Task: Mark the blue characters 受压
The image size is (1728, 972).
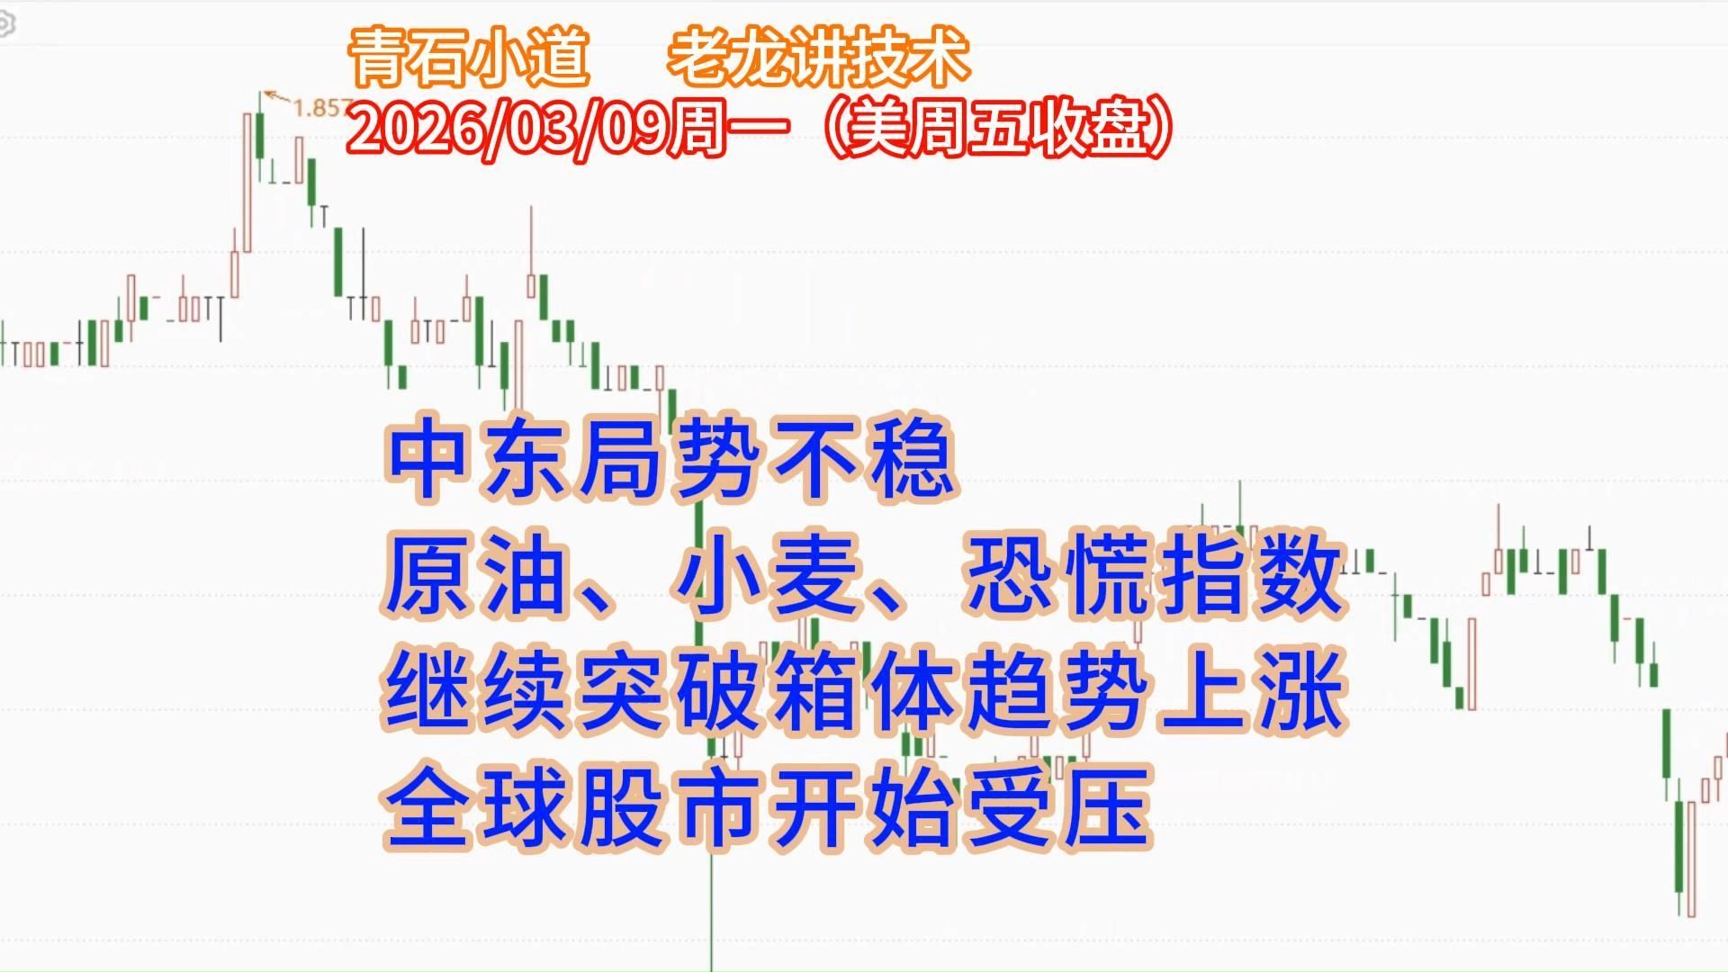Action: pyautogui.click(x=1057, y=814)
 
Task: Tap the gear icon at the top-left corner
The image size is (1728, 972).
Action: pyautogui.click(x=4, y=25)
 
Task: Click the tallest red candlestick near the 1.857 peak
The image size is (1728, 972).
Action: pyautogui.click(x=247, y=180)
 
